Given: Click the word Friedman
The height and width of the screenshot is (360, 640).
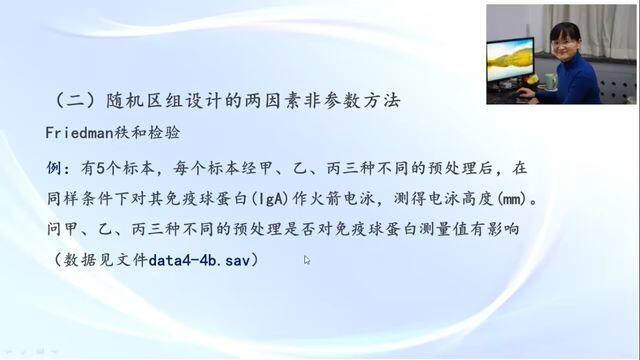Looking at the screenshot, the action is (79, 133).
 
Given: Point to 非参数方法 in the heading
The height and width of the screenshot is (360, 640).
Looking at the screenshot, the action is (352, 100).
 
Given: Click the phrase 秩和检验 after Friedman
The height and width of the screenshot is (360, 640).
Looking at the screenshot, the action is (147, 133).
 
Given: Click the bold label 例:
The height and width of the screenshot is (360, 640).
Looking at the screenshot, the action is (60, 168).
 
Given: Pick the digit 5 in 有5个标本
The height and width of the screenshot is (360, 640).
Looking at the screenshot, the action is (101, 168).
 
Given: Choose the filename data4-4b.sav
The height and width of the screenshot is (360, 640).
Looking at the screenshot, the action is (199, 260).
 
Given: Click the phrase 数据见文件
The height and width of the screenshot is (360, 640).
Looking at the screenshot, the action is (106, 260).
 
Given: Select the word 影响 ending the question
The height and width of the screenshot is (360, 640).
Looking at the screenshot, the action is (503, 229).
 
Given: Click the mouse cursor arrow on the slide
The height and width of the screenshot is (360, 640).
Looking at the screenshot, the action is (307, 260).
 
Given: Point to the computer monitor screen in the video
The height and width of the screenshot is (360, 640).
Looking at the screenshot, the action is (510, 60).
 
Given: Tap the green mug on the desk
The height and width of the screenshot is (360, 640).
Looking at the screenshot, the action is (550, 81).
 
